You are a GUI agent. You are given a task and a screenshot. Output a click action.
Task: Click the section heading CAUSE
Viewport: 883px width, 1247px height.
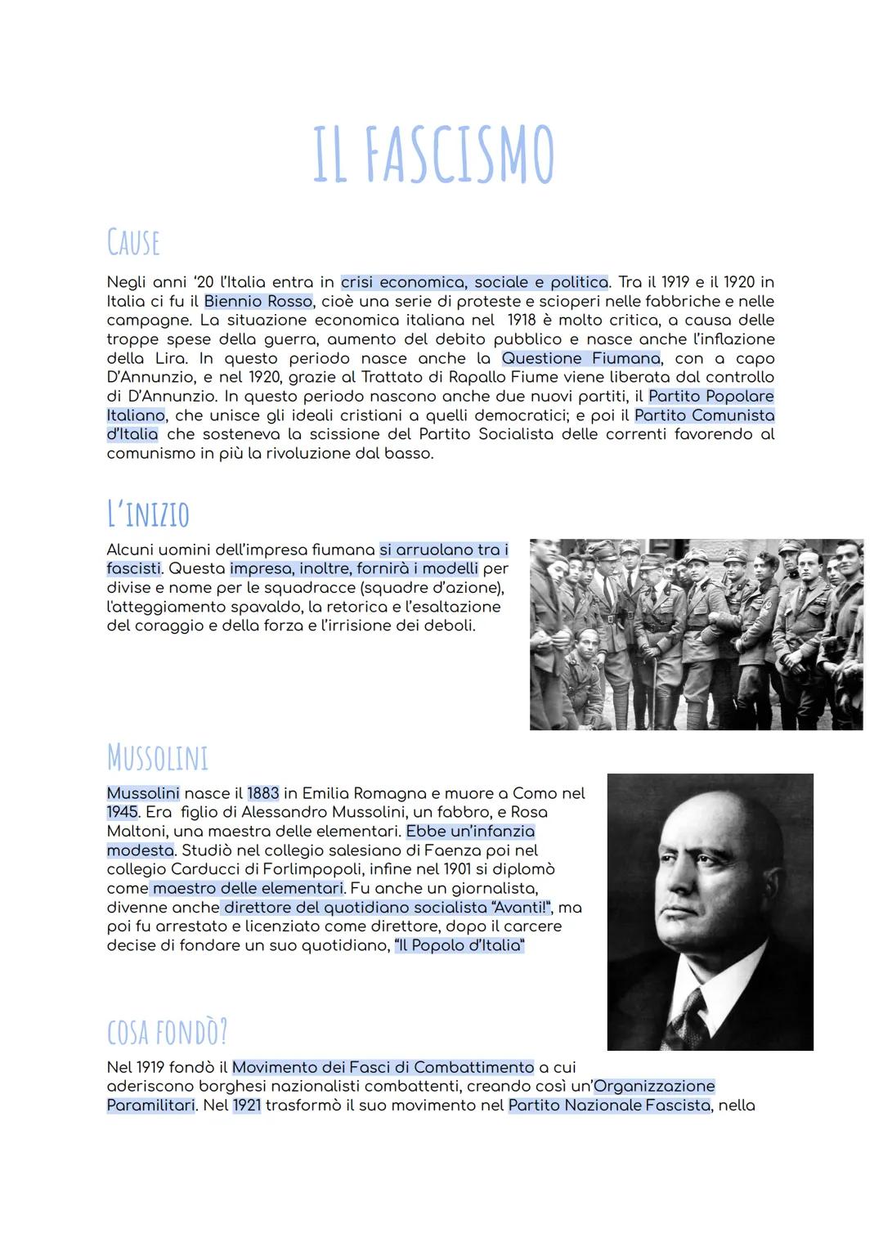tap(133, 242)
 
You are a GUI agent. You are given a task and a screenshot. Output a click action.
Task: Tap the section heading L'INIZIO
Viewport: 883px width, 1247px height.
tap(148, 514)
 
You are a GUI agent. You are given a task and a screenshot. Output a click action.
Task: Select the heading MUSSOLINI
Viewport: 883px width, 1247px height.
tap(158, 757)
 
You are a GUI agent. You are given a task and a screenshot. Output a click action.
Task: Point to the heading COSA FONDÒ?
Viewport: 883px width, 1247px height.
tap(168, 1032)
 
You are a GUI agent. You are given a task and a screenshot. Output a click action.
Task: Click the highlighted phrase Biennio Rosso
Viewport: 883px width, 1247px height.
tap(258, 301)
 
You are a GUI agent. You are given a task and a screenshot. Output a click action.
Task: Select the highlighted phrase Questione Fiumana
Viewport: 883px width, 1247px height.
tap(580, 358)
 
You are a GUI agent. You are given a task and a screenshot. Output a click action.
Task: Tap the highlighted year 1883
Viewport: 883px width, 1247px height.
tap(263, 793)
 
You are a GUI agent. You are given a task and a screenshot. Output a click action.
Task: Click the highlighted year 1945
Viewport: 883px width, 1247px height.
tap(122, 812)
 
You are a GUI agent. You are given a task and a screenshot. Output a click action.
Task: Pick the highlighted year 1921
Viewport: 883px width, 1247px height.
tap(246, 1105)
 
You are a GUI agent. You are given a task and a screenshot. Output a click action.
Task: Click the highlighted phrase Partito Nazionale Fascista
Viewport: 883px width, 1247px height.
tap(609, 1105)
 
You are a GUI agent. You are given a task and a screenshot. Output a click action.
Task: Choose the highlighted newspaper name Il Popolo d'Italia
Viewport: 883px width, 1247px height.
tap(459, 945)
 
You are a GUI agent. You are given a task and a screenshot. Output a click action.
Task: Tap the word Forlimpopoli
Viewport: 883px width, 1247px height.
tap(313, 869)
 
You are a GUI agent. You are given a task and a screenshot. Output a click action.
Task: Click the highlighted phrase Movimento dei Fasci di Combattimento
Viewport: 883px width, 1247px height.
tap(383, 1067)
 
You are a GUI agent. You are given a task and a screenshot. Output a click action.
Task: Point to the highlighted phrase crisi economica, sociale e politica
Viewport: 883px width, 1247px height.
tap(474, 282)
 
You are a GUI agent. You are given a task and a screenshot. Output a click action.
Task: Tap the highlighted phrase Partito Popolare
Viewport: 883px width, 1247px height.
tap(710, 396)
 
